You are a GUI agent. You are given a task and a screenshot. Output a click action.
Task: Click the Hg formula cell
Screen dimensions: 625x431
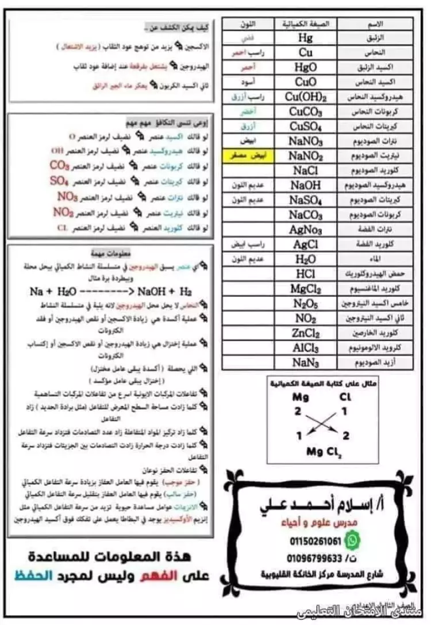(x=306, y=38)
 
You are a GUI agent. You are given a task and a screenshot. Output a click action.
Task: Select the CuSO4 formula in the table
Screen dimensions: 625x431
(x=306, y=126)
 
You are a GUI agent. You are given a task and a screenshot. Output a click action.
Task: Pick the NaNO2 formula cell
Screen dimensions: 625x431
(x=306, y=156)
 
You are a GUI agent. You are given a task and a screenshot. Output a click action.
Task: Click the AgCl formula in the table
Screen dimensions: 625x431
(x=306, y=245)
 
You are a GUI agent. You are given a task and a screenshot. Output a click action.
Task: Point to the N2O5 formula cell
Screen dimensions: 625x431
(x=306, y=304)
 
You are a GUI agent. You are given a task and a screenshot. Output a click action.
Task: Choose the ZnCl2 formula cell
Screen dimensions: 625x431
(x=306, y=333)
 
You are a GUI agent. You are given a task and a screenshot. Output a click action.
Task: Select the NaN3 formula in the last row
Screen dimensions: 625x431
(x=306, y=363)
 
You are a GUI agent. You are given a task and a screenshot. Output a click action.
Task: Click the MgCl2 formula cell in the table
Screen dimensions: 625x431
(x=306, y=289)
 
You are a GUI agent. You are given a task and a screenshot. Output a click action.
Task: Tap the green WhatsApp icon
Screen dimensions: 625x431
(x=355, y=540)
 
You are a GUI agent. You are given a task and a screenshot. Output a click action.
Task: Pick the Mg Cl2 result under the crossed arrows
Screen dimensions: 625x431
(x=324, y=451)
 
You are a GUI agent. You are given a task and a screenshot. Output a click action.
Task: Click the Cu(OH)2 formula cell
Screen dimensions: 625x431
(x=306, y=97)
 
